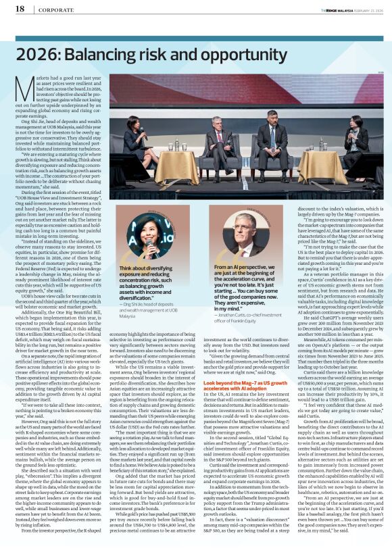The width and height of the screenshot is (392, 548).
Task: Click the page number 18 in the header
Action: (x=20, y=9)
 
